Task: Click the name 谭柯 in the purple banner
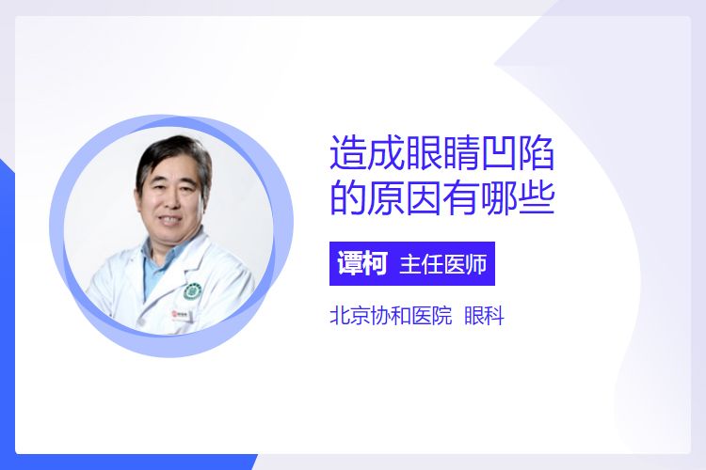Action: pyautogui.click(x=362, y=263)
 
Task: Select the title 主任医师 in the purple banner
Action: pyautogui.click(x=443, y=264)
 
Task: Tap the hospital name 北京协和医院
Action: pyautogui.click(x=391, y=315)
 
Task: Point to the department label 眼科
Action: pyautogui.click(x=484, y=315)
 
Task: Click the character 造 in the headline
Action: pyautogui.click(x=348, y=153)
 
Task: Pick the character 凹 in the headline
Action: pyautogui.click(x=498, y=153)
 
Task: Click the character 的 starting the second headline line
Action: pyautogui.click(x=348, y=197)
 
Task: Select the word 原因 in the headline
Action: pyautogui.click(x=405, y=197)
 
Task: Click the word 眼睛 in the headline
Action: pyautogui.click(x=442, y=153)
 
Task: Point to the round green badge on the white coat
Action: pyautogui.click(x=193, y=291)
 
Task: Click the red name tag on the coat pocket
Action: pyautogui.click(x=182, y=315)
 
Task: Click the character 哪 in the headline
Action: pyautogui.click(x=498, y=197)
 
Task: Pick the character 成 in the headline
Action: pyautogui.click(x=386, y=153)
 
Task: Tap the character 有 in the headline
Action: pyautogui.click(x=460, y=197)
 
